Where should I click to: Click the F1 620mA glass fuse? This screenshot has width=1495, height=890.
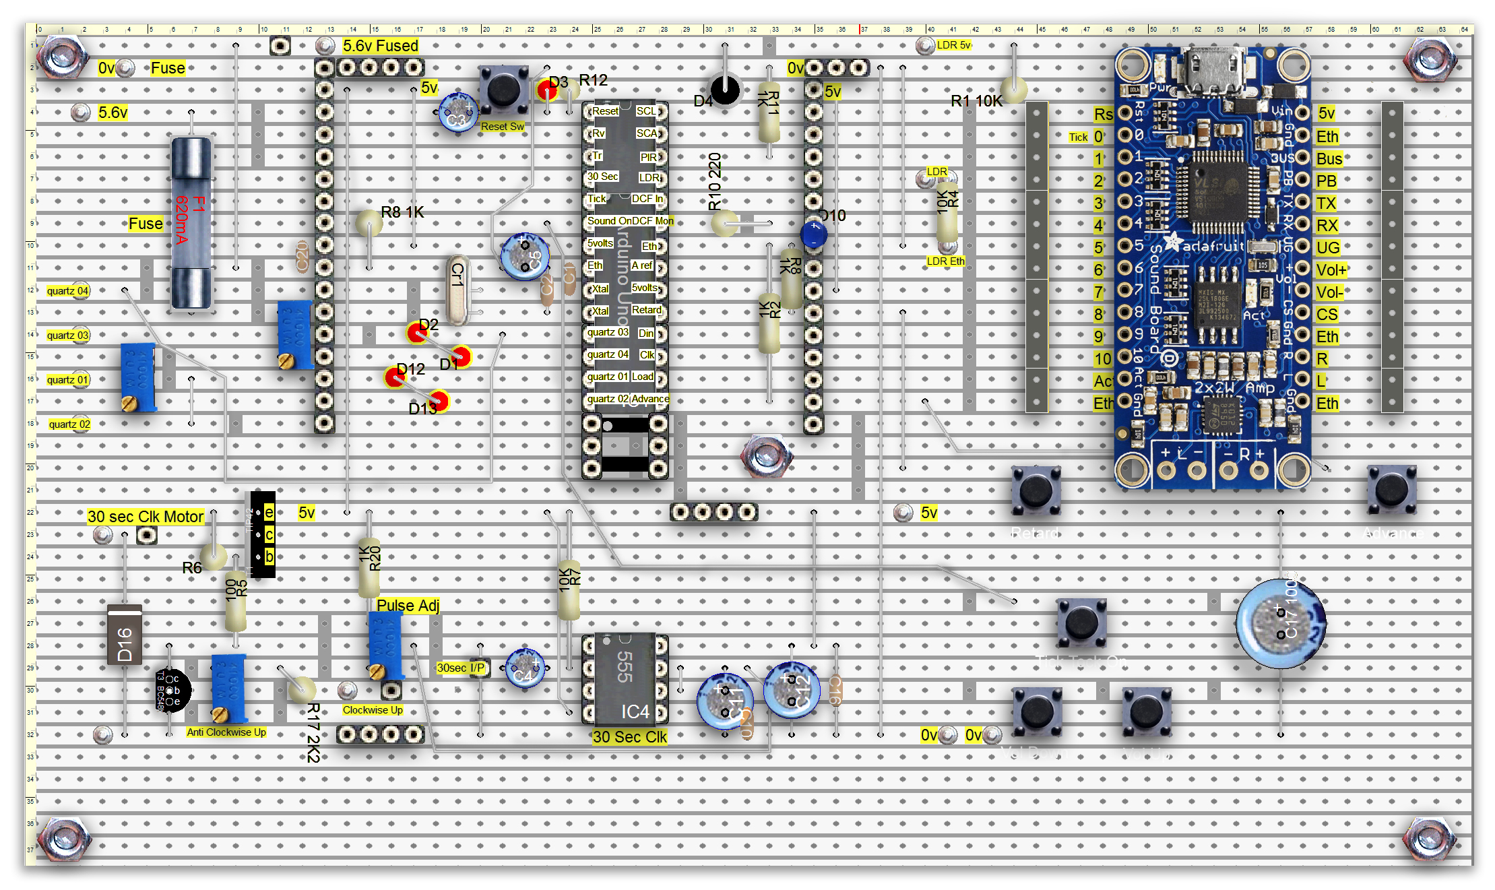tap(192, 222)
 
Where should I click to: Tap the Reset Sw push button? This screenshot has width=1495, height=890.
tap(503, 90)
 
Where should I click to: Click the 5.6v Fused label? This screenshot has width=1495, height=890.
tap(380, 46)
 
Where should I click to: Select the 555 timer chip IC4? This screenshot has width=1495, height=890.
tap(625, 679)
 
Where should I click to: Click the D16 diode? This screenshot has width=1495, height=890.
tap(125, 635)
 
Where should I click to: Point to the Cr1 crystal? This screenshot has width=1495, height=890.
tap(457, 290)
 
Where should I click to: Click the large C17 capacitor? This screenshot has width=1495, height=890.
tap(1281, 623)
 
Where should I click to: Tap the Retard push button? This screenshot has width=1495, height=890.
tap(1036, 490)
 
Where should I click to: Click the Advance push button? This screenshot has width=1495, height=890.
tap(1391, 489)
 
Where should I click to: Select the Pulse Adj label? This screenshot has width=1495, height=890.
tap(408, 605)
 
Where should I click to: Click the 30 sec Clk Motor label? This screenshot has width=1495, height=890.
tap(145, 517)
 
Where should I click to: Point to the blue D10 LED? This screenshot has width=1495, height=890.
tap(814, 234)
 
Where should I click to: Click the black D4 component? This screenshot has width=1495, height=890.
tap(725, 90)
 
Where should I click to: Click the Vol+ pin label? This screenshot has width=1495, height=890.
tap(1331, 270)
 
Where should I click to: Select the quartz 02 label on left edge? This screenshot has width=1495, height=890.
tap(69, 424)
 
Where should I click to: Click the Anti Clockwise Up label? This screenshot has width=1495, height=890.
tap(226, 732)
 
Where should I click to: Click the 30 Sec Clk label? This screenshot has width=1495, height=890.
tap(629, 737)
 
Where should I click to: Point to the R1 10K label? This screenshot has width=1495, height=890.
tap(976, 101)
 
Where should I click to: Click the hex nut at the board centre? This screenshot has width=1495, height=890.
tap(766, 456)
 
